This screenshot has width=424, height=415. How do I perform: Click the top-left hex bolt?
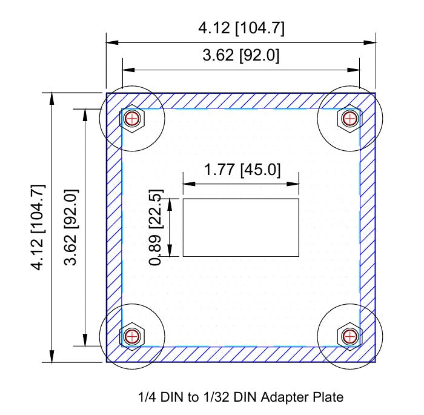point(132,119)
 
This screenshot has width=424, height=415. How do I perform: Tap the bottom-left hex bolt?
point(132,336)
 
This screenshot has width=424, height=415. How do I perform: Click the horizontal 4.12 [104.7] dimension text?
point(241,28)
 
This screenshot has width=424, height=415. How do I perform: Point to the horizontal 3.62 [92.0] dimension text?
point(240,56)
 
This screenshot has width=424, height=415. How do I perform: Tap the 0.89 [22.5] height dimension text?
point(156,227)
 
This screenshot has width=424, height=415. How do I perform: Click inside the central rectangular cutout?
point(241,227)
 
